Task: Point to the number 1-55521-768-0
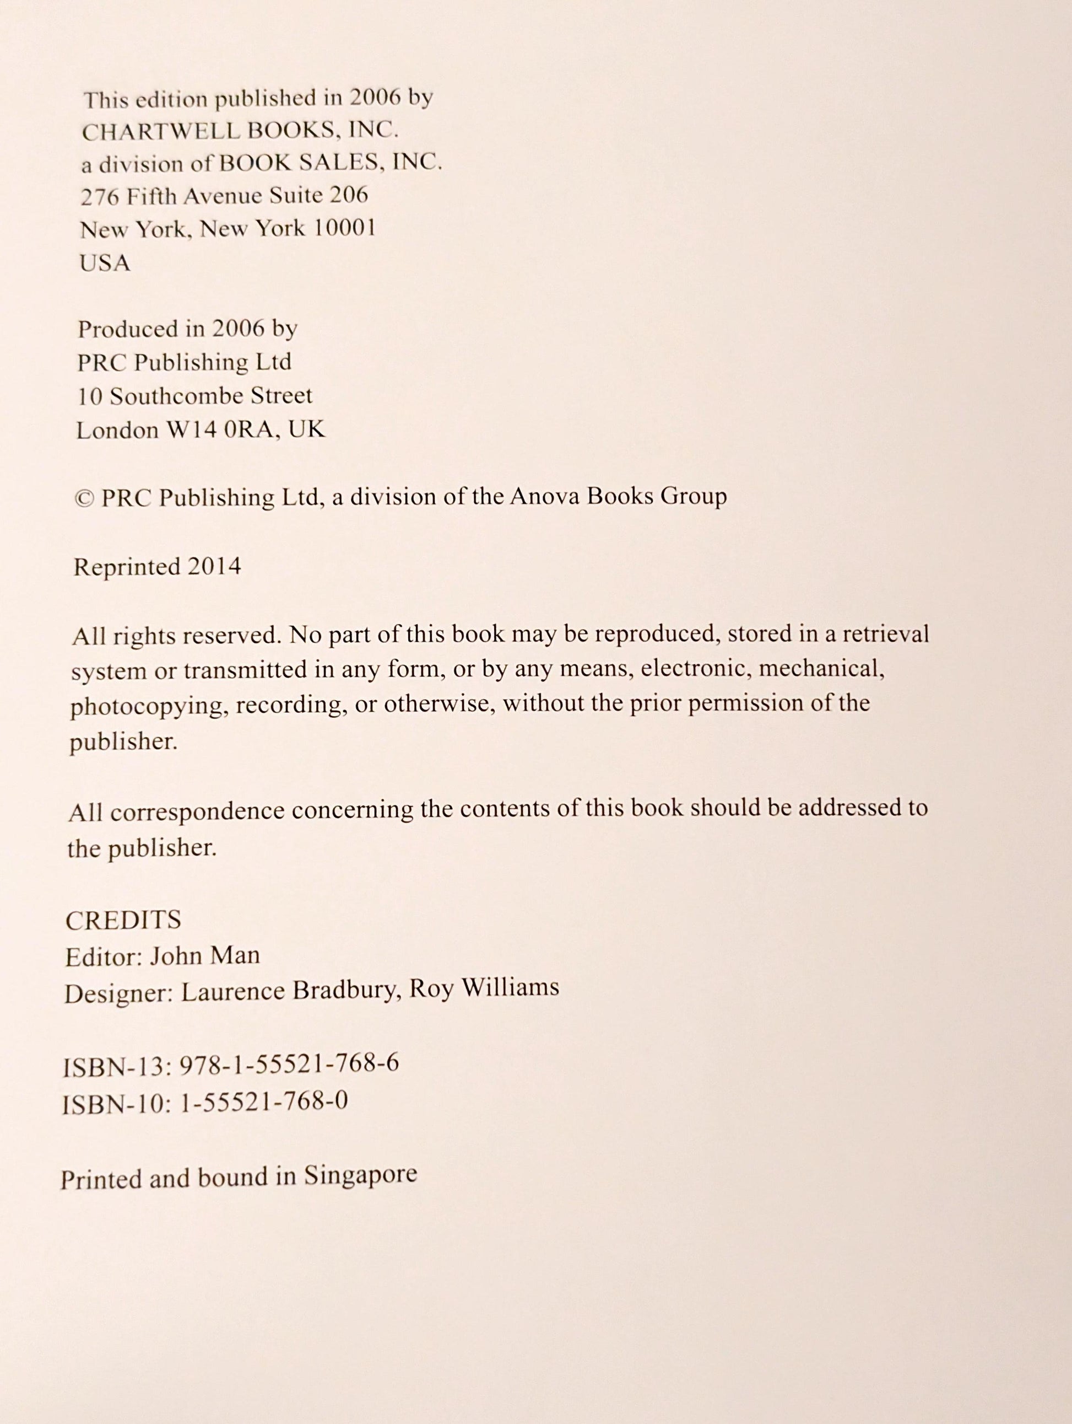click(x=265, y=1101)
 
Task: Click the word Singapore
click(x=360, y=1175)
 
